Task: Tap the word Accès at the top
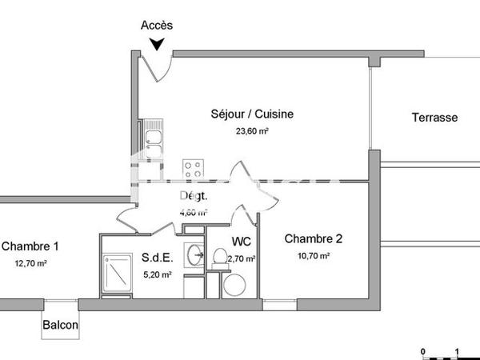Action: tap(157, 25)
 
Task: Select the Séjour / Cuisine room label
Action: tap(251, 114)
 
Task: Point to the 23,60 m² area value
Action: tap(251, 131)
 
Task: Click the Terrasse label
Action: tap(434, 118)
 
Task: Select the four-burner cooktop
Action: tap(193, 168)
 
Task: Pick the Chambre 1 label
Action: tap(30, 246)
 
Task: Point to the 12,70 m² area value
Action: tap(30, 262)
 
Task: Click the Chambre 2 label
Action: tap(314, 238)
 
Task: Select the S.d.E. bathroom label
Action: tap(156, 258)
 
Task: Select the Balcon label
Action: tap(61, 325)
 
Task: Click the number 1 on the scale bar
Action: tap(456, 350)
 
